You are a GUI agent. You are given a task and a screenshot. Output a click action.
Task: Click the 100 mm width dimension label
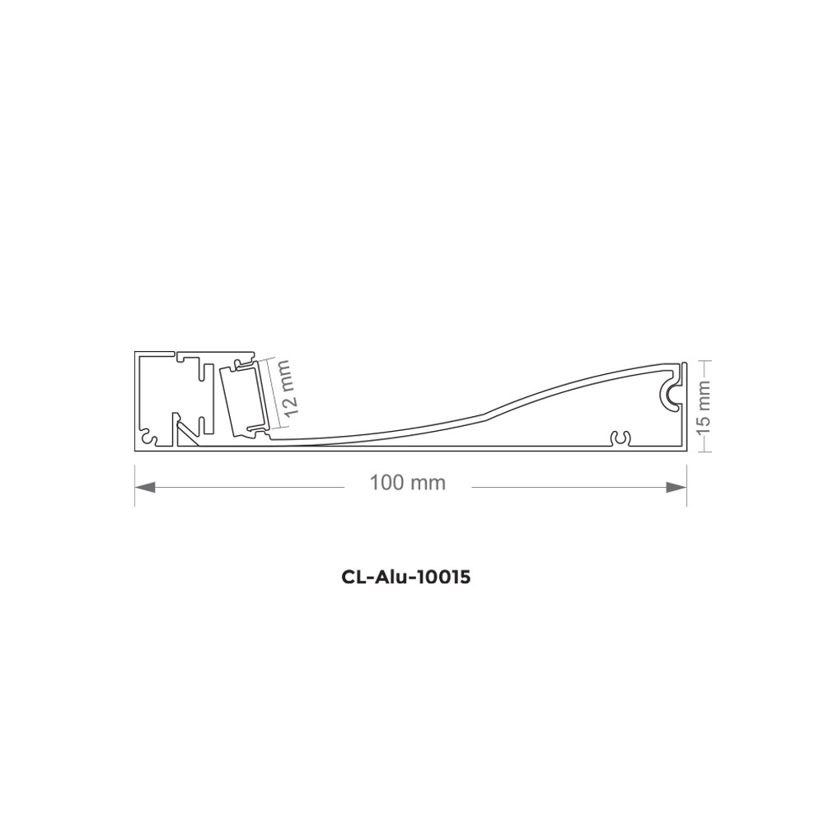(x=408, y=483)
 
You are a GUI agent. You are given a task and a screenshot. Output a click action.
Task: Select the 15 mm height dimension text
(x=704, y=405)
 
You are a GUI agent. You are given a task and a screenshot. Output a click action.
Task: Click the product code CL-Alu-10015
(x=405, y=578)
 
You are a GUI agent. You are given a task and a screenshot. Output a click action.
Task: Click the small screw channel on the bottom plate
(x=621, y=438)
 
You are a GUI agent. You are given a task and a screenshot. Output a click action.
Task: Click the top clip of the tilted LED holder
(x=244, y=363)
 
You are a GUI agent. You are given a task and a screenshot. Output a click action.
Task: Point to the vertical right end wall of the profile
(x=685, y=404)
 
